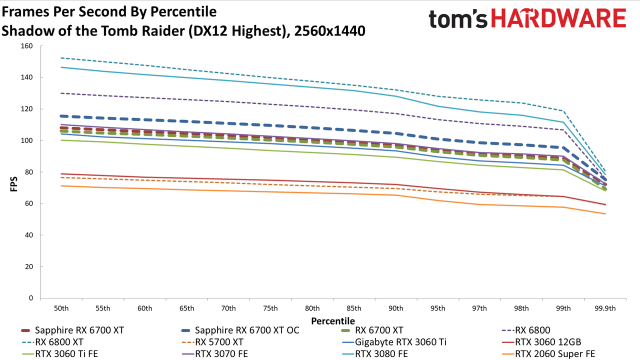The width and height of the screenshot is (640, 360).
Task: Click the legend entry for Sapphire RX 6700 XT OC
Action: [240, 330]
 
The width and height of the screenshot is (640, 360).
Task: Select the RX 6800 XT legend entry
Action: [52, 342]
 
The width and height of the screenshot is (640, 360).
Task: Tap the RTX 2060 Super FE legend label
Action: [548, 354]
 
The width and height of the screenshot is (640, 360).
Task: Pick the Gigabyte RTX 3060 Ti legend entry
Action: [394, 342]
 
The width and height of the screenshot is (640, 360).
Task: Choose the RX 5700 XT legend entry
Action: [212, 342]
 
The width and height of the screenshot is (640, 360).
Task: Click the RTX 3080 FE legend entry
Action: [374, 354]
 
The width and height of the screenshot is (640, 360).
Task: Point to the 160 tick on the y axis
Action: [27, 46]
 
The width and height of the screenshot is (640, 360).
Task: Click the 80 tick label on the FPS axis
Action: [29, 172]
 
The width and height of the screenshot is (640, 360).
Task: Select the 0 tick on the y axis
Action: [31, 298]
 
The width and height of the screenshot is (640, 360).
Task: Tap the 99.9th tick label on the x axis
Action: [605, 308]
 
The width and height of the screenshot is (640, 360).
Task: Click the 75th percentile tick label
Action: [270, 308]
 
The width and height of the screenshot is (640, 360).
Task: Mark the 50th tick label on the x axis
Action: [61, 308]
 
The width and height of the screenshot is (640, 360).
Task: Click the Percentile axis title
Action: [333, 321]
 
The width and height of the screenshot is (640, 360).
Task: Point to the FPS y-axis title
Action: [13, 184]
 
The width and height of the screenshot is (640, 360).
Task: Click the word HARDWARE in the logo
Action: [559, 18]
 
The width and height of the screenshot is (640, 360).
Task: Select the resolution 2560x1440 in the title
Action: [329, 31]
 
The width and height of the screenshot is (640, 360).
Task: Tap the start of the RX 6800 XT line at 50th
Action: [61, 58]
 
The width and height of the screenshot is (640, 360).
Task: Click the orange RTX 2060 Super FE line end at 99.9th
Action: [605, 213]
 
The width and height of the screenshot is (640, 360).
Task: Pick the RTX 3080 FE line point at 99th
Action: [563, 122]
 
